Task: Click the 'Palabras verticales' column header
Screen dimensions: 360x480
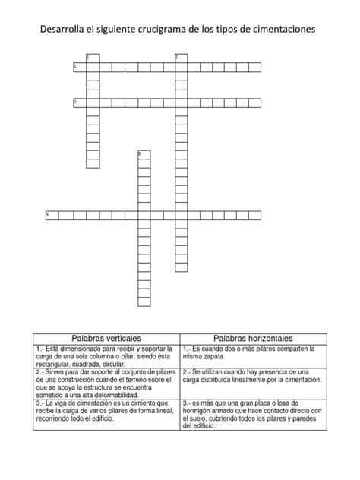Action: coord(106,337)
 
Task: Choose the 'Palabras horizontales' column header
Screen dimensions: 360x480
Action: coord(254,337)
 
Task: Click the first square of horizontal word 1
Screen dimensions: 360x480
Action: coord(80,68)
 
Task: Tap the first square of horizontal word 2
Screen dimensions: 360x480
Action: coord(80,103)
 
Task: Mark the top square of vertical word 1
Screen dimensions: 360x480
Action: coord(93,58)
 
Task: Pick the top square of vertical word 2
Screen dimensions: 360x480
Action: coord(181,58)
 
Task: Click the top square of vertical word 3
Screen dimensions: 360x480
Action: coord(143,156)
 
